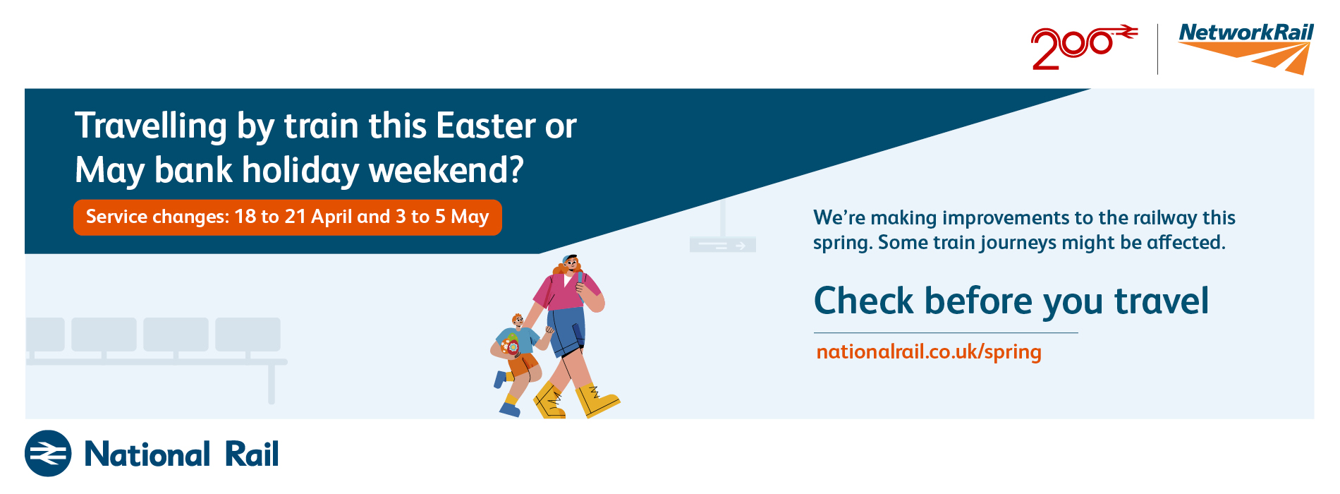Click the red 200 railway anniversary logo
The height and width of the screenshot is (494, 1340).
point(1083,47)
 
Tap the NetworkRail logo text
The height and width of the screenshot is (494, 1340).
point(1246,32)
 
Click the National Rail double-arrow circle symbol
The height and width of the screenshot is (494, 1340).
point(48,453)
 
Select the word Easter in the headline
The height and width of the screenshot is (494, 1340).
point(487,126)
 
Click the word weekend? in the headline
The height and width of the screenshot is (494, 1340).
point(446,170)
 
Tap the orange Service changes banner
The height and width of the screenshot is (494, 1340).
point(288,217)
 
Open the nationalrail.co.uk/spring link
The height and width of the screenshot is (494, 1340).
point(928,351)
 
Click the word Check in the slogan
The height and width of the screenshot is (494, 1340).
point(864,301)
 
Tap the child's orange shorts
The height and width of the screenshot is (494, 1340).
point(523,364)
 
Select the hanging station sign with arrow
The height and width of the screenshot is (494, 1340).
point(722,244)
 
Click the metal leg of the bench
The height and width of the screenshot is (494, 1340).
point(272,384)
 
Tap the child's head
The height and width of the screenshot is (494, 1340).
point(517,321)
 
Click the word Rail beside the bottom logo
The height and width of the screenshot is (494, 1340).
point(252,454)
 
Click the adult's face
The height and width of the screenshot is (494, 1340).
point(571,265)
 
